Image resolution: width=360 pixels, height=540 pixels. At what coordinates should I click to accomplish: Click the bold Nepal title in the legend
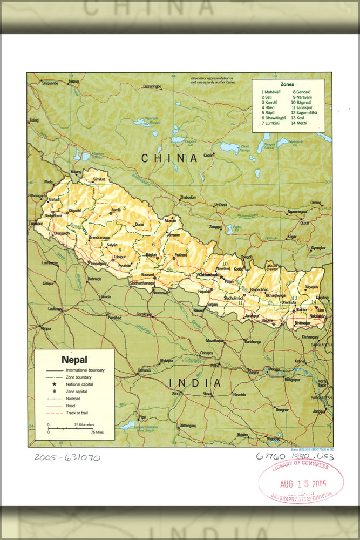pyautogui.click(x=74, y=360)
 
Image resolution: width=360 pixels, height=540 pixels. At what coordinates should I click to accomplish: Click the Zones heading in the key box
pyautogui.click(x=287, y=84)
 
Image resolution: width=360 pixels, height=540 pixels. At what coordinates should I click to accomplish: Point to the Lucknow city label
pyautogui.click(x=55, y=309)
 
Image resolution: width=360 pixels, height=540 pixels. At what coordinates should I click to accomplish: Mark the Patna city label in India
pyautogui.click(x=215, y=366)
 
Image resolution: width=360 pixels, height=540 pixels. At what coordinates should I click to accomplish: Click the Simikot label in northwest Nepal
pyautogui.click(x=99, y=179)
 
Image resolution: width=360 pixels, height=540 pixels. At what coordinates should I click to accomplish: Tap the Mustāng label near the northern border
pyautogui.click(x=170, y=220)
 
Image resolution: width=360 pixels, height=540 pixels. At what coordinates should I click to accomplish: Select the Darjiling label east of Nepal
pyautogui.click(x=322, y=298)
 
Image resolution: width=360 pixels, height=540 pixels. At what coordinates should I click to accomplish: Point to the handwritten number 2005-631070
pyautogui.click(x=67, y=457)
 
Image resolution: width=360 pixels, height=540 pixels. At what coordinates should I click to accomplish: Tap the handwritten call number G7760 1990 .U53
pyautogui.click(x=295, y=457)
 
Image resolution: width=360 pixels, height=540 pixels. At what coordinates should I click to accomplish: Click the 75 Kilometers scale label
pyautogui.click(x=83, y=425)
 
